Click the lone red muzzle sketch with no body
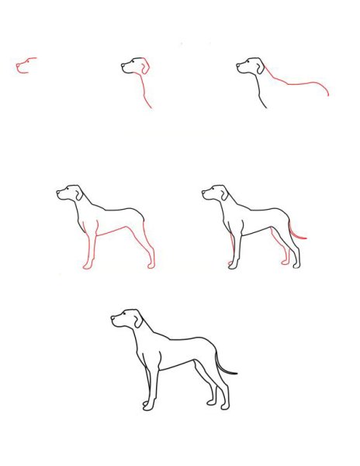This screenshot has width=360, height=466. point(25,64)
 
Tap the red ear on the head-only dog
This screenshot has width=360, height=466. point(144,67)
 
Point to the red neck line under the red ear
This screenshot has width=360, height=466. point(144,92)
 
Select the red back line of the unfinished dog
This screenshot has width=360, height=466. point(303,83)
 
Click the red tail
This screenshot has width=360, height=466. point(297,231)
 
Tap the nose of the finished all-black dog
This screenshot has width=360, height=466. point(112,318)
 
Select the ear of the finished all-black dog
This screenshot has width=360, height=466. point(138,318)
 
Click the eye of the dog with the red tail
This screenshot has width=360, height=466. point(212,189)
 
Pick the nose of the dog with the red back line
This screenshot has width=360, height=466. point(236,68)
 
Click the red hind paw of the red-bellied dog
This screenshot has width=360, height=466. point(151,266)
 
